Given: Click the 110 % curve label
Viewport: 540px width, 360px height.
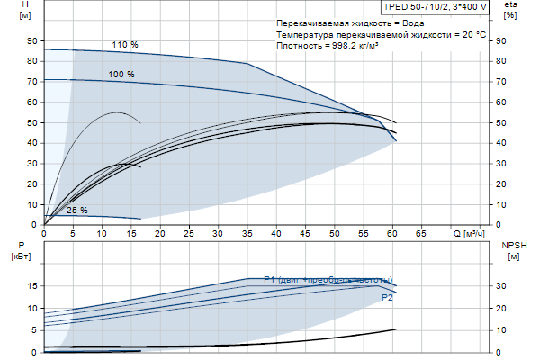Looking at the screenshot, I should pos(125,44).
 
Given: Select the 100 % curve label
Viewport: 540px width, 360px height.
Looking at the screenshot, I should pos(121,74).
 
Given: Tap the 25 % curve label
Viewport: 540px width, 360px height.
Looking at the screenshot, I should pos(76,211).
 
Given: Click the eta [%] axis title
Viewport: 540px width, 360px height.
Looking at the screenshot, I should pos(510,11).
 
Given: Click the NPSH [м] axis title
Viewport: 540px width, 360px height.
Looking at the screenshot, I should pos(512,250).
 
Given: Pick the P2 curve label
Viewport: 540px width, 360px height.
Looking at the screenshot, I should pos(388,297).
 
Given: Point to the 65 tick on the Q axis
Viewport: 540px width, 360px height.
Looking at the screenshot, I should pos(420,234).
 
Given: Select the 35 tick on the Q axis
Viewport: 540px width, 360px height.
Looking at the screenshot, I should pos(247,234).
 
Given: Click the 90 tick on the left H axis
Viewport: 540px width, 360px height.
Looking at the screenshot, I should pos(32,41).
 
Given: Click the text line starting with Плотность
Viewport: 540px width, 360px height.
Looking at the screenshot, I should pos(328,45).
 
